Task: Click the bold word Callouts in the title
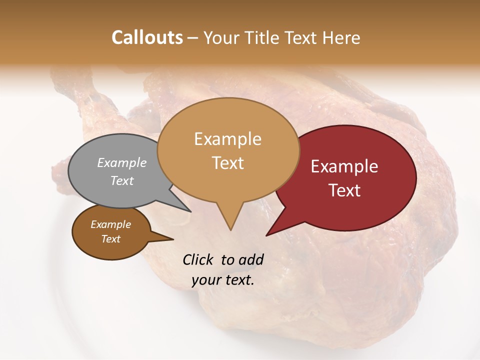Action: pos(147,37)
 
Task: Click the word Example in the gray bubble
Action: pos(122,162)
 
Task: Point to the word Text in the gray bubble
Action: pos(122,180)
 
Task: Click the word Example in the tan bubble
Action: pos(227,139)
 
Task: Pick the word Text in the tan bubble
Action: pos(227,163)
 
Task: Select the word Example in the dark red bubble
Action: pos(344,166)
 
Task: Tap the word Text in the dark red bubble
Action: pos(344,190)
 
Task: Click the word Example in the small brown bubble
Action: pos(111,224)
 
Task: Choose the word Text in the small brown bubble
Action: pos(111,239)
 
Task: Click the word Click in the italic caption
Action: pos(198,259)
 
